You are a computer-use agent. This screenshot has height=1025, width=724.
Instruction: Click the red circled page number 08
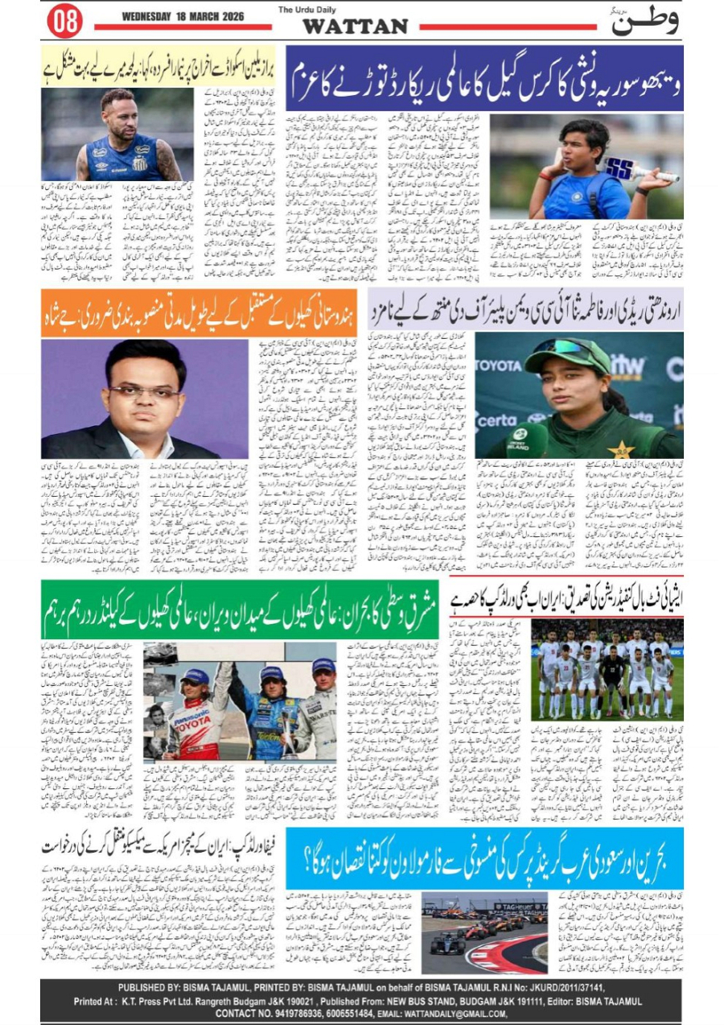64,22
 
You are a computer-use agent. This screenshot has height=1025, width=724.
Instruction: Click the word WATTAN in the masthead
356,27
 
